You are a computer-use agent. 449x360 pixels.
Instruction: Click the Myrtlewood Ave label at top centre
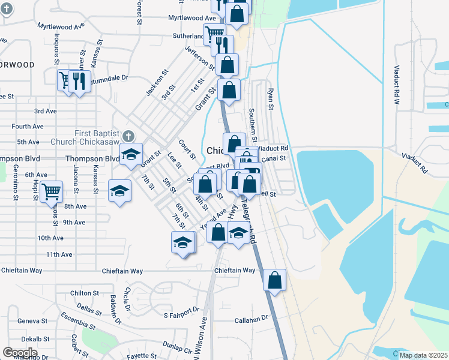click(192, 18)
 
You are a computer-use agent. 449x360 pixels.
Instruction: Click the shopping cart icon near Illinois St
click(51, 192)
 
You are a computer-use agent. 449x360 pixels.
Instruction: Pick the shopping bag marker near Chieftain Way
click(274, 280)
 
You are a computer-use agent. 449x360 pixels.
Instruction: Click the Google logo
click(20, 352)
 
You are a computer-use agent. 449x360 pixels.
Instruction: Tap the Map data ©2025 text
click(423, 355)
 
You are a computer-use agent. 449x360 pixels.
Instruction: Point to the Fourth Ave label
click(28, 127)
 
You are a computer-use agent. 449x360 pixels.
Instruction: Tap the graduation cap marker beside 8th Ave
click(119, 191)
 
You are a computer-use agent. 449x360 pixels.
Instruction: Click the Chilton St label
click(84, 293)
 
